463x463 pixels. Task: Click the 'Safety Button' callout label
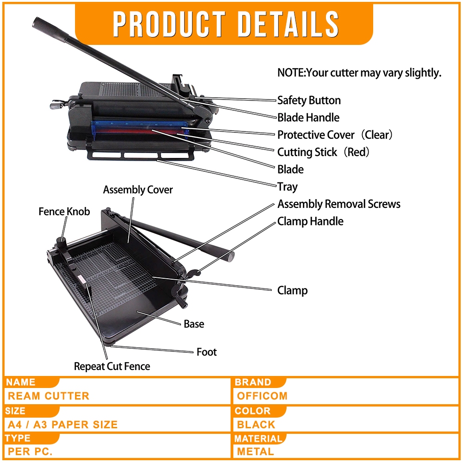tap(309, 100)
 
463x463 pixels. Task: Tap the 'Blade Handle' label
tap(308, 118)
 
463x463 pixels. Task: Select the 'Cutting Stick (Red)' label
tap(324, 152)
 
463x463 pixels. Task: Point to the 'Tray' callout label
tap(288, 187)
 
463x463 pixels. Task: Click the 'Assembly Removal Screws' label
tap(339, 204)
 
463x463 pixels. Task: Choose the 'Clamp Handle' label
tap(310, 221)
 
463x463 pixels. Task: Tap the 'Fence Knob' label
tap(64, 212)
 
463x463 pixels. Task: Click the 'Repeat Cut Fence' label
tap(112, 366)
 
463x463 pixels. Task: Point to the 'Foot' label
tap(206, 352)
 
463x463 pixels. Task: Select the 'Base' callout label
tap(194, 324)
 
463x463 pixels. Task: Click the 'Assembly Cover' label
tap(138, 190)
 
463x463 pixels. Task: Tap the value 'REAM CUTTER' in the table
tap(49, 396)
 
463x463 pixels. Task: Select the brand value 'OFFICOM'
tap(262, 396)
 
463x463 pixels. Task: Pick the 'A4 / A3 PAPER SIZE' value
tap(63, 424)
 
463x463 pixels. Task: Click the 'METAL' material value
tap(255, 451)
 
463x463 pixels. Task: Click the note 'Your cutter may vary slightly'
tap(359, 73)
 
